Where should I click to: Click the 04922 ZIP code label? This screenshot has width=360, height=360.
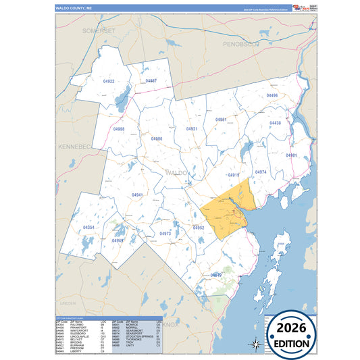click(109, 82)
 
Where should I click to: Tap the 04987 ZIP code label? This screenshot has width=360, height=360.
click(151, 80)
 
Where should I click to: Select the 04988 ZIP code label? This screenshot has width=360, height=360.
click(119, 128)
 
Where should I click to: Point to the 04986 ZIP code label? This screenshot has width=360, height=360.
click(157, 138)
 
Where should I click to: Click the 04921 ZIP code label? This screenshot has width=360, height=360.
click(192, 128)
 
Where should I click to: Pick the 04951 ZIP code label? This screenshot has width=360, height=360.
click(221, 120)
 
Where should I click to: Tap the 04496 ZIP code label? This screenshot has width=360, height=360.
click(272, 96)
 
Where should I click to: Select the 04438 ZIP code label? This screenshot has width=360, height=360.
click(275, 123)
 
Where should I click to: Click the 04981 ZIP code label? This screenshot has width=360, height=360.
click(291, 155)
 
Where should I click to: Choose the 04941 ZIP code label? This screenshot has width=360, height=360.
click(137, 195)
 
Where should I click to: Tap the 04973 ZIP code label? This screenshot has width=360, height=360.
click(165, 234)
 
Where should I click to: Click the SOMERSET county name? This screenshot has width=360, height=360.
click(99, 31)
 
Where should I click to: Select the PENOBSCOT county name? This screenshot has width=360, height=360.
click(242, 44)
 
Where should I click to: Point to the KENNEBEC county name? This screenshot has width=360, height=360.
click(74, 146)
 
